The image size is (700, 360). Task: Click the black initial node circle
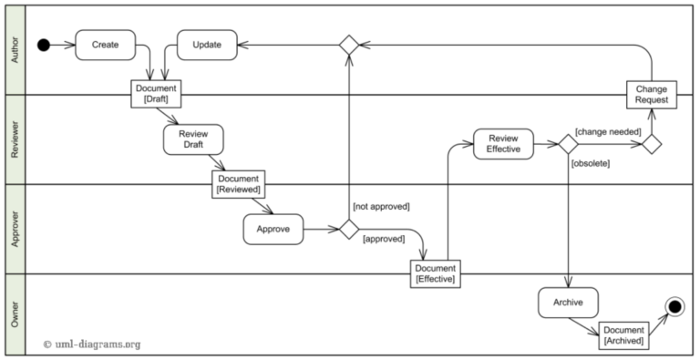(43, 45)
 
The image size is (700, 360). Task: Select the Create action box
(105, 45)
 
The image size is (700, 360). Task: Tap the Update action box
(206, 45)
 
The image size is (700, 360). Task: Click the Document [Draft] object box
(155, 94)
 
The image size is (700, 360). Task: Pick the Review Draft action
(193, 139)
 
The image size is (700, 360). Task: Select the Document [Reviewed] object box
(239, 184)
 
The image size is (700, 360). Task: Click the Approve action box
(273, 230)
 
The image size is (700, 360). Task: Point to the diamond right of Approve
(348, 230)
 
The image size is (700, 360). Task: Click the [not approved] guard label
(380, 207)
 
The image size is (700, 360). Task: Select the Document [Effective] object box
(435, 273)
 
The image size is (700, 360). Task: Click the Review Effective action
(503, 144)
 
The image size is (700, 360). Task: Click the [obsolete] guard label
(590, 163)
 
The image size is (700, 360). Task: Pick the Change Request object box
(652, 94)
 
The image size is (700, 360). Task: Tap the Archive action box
(568, 302)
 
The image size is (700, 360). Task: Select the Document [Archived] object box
(624, 334)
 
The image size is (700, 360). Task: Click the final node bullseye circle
(674, 307)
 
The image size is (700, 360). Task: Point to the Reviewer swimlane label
(14, 139)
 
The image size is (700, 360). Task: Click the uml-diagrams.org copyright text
(92, 345)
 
